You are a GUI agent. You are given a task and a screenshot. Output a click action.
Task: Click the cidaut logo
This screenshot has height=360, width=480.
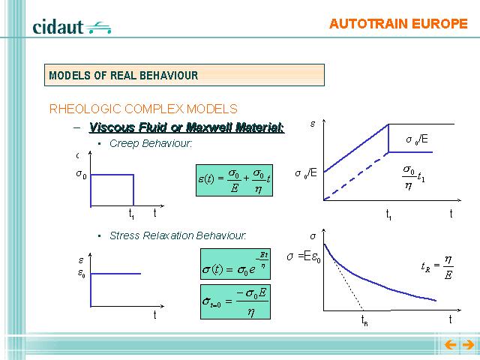[x=72, y=27]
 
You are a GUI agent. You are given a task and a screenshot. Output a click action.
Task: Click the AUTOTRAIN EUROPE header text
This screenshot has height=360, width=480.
[x=398, y=24]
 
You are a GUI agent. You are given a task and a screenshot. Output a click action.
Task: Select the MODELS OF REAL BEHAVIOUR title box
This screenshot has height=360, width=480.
[x=184, y=75]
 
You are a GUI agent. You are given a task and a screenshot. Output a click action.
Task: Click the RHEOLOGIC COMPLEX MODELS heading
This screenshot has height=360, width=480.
[x=143, y=109]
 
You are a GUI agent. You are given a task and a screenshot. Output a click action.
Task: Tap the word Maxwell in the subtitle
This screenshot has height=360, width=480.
[x=209, y=127]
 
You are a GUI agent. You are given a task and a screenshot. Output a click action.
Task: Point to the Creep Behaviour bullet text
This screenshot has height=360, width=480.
[x=151, y=143]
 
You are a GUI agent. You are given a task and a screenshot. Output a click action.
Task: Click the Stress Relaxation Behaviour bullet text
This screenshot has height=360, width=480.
[x=178, y=235]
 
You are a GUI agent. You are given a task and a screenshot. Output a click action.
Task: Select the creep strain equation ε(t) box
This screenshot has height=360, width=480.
[x=234, y=180]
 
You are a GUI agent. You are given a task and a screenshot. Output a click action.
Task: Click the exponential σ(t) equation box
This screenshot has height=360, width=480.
[x=235, y=264]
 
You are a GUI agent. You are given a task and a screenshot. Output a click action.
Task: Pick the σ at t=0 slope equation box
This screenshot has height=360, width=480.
[x=235, y=301]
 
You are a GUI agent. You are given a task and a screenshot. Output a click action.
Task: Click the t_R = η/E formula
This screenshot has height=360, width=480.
[x=437, y=268]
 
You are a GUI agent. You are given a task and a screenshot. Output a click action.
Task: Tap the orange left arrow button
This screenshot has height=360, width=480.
[x=450, y=345]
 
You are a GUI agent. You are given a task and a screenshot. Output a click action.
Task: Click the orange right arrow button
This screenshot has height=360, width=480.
[x=468, y=345]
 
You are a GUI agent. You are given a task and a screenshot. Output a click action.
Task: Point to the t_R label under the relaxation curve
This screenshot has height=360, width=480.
[x=364, y=321]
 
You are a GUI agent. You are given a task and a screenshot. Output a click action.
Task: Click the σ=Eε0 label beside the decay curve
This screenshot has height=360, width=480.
[x=304, y=257]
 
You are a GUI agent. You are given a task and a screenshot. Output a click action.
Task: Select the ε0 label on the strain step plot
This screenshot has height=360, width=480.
[x=82, y=273]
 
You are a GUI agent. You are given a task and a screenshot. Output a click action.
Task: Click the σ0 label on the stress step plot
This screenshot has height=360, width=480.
[x=82, y=174]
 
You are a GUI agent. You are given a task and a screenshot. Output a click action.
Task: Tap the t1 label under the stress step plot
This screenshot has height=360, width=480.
[x=131, y=214]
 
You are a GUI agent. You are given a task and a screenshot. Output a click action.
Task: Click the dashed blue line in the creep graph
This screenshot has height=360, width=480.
[x=356, y=176]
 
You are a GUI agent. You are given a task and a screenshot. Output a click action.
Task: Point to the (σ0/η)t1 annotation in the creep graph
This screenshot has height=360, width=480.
[x=413, y=178]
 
